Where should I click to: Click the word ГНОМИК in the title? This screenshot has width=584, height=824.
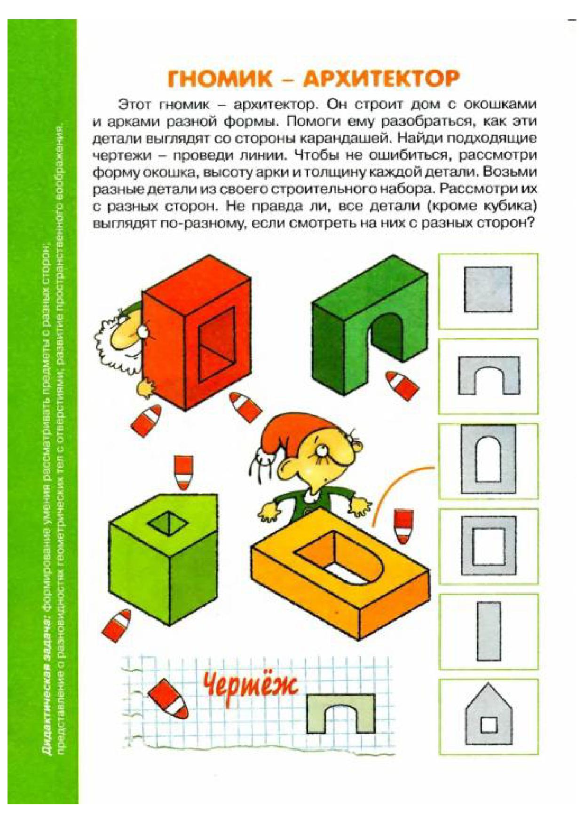tap(220, 79)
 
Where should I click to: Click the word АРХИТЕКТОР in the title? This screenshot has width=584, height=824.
tap(380, 79)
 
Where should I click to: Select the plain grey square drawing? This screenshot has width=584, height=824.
tap(488, 289)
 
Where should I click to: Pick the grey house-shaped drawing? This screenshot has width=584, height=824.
tap(489, 715)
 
